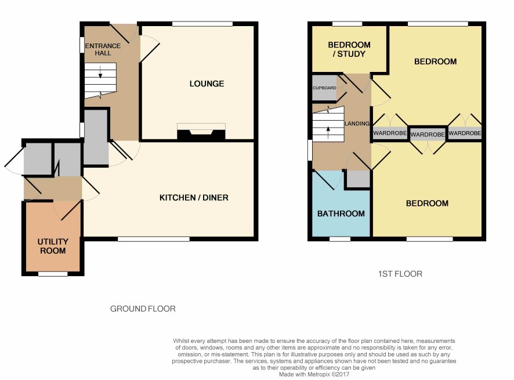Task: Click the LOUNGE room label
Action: tap(207, 84)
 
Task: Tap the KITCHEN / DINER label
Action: tap(194, 197)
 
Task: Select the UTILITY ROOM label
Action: tap(53, 246)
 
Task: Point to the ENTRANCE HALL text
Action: tap(103, 49)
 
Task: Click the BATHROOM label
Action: tap(341, 213)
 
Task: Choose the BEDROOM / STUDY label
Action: tap(349, 49)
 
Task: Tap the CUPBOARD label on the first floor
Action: tap(324, 88)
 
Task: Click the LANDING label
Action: tap(357, 123)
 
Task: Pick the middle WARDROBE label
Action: tap(428, 135)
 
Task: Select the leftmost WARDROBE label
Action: tap(390, 133)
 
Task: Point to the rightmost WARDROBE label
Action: tap(465, 133)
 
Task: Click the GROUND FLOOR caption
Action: tap(143, 309)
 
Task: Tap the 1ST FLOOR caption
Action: tap(400, 274)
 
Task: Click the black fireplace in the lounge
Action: tap(201, 135)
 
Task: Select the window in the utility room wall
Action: tap(53, 274)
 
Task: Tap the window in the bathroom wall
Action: tap(339, 239)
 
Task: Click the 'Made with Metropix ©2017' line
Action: tap(314, 374)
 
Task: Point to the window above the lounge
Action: tap(202, 24)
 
